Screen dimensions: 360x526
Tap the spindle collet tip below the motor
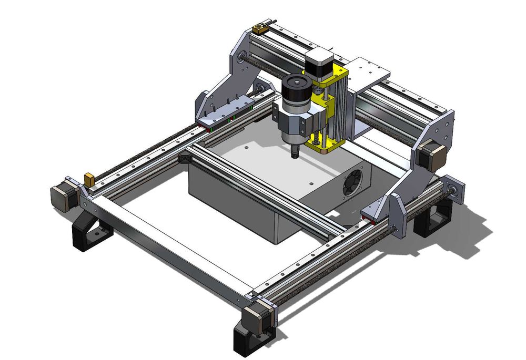point(295,153)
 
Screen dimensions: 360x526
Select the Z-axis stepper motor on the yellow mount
point(318,61)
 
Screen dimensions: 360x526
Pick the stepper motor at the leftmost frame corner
point(63,197)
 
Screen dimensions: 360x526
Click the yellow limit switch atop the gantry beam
point(260,28)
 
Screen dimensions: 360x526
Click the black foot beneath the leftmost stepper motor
point(90,231)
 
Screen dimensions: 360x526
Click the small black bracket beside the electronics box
point(185,158)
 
